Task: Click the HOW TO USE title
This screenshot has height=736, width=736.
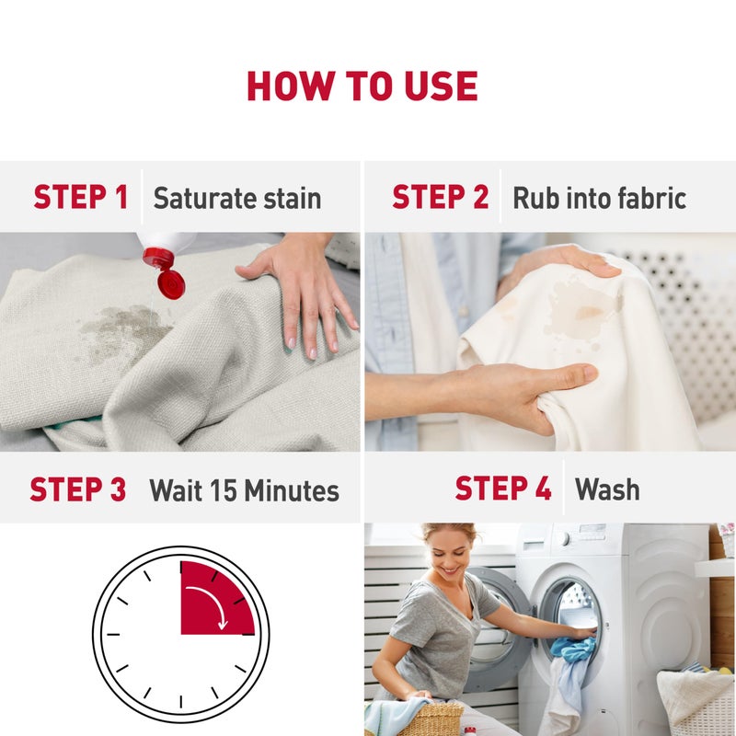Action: pyautogui.click(x=362, y=86)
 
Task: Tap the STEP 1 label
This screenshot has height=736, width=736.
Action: pyautogui.click(x=81, y=197)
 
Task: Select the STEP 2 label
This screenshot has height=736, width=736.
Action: pyautogui.click(x=440, y=197)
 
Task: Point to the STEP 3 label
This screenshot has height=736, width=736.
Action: pyautogui.click(x=78, y=489)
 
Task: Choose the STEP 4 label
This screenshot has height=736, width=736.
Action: pyautogui.click(x=503, y=489)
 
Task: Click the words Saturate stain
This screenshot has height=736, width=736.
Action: pyautogui.click(x=237, y=198)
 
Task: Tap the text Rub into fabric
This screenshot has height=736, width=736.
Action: pyautogui.click(x=599, y=198)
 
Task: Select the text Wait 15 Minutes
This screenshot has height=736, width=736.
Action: pyautogui.click(x=245, y=490)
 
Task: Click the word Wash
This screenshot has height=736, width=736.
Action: pyautogui.click(x=607, y=489)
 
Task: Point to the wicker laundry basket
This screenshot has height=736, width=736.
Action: pyautogui.click(x=431, y=718)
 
